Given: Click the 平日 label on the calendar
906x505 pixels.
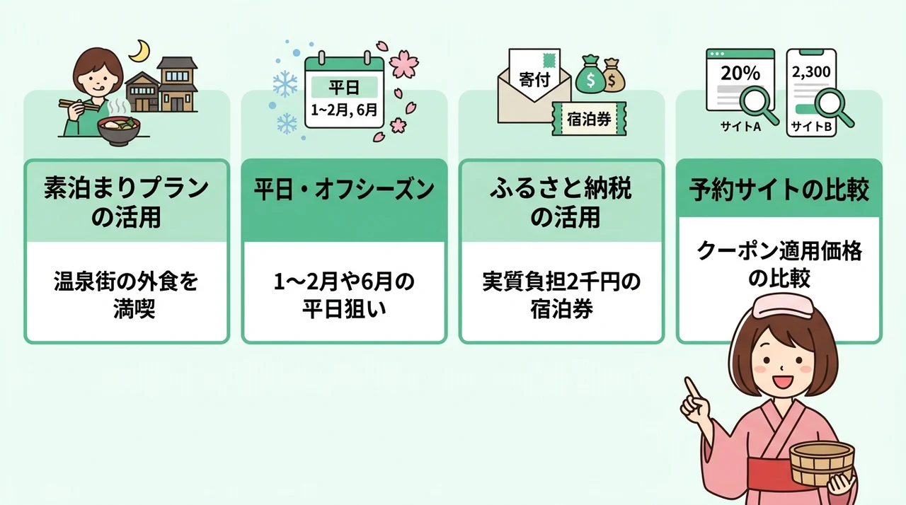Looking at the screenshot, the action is (344, 87).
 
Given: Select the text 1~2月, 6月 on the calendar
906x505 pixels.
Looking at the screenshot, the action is (344, 110).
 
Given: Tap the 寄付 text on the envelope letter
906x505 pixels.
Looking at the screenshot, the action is (534, 80).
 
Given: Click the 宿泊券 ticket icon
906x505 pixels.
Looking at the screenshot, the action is (589, 119).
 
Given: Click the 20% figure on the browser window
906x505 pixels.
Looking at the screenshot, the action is (740, 73).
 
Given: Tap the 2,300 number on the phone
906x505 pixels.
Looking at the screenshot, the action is (811, 72).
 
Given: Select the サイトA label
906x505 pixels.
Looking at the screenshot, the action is (740, 127).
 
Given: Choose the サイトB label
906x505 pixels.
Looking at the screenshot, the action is (811, 127).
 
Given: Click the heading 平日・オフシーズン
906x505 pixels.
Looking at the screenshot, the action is (344, 190).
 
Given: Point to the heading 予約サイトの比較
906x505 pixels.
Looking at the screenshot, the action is (779, 189).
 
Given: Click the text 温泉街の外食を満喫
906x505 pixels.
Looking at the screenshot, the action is (126, 296).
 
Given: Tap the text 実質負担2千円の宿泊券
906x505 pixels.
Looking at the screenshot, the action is (561, 296).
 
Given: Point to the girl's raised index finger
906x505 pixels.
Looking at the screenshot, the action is (692, 388).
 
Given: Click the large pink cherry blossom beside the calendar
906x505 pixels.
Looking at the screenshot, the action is (404, 64).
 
